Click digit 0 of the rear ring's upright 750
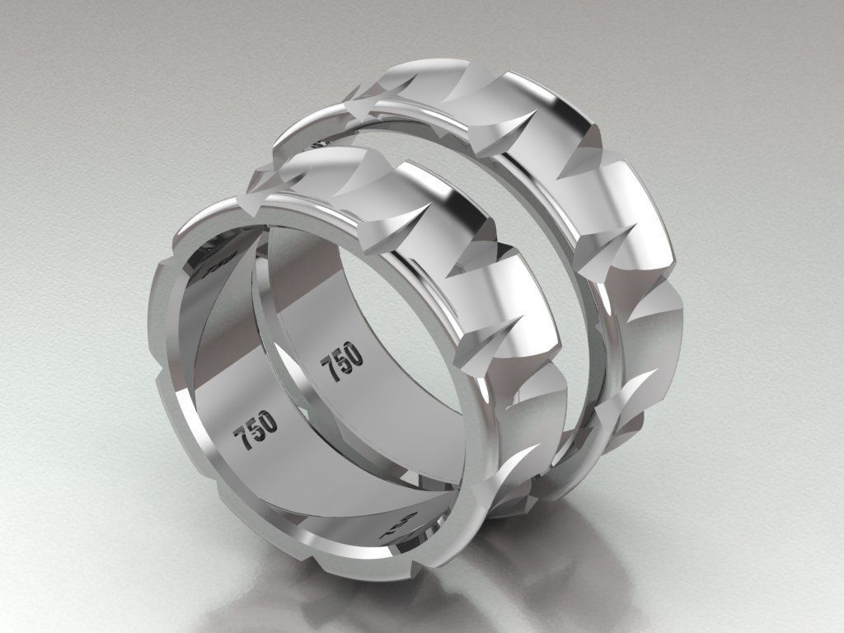tap(352, 353)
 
